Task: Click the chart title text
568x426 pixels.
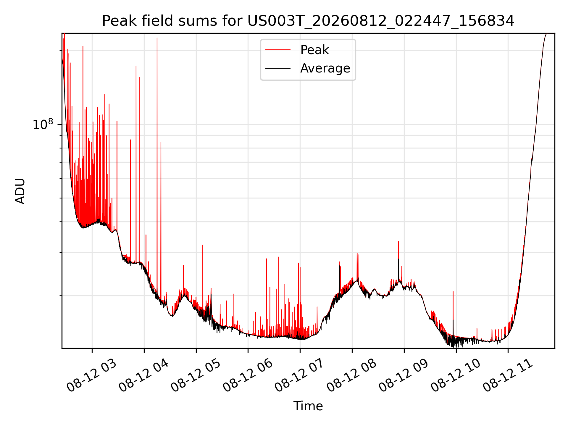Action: click(x=308, y=21)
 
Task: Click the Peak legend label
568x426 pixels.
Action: click(x=314, y=50)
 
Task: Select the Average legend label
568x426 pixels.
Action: click(x=325, y=68)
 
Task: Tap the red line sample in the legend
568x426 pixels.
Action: click(x=278, y=50)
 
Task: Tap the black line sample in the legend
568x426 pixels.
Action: click(x=278, y=68)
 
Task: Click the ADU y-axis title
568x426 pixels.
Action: click(x=20, y=191)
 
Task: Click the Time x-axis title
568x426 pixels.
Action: click(x=308, y=406)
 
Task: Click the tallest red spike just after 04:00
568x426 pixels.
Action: click(x=157, y=38)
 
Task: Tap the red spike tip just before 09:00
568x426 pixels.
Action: click(x=398, y=241)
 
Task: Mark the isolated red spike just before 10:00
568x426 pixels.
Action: click(x=453, y=292)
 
